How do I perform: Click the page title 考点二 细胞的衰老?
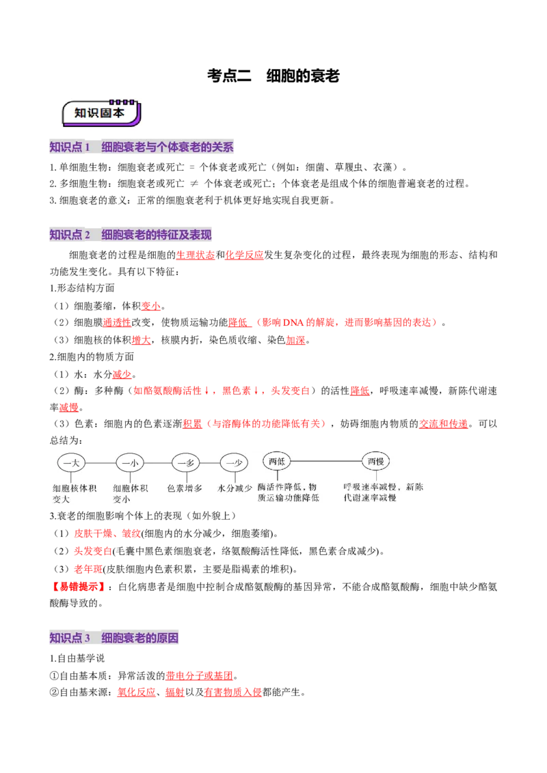(273, 76)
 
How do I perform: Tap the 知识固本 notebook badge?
(101, 113)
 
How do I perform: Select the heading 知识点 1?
(70, 147)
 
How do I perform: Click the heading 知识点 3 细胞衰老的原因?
(114, 638)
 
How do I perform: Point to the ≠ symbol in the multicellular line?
(194, 184)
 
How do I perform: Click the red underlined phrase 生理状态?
(196, 255)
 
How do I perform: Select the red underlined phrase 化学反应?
(244, 255)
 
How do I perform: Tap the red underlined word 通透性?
(117, 322)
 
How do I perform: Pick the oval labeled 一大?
(72, 463)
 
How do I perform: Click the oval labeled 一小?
(130, 463)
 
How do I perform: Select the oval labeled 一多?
(186, 463)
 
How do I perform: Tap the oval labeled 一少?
(234, 463)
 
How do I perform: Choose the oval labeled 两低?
(277, 462)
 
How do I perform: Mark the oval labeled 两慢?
(375, 462)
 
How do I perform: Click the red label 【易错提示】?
(78, 587)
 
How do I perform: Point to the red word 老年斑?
(88, 570)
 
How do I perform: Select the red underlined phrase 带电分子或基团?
(199, 676)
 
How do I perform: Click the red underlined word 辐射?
(175, 692)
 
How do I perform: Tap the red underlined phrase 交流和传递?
(443, 424)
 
